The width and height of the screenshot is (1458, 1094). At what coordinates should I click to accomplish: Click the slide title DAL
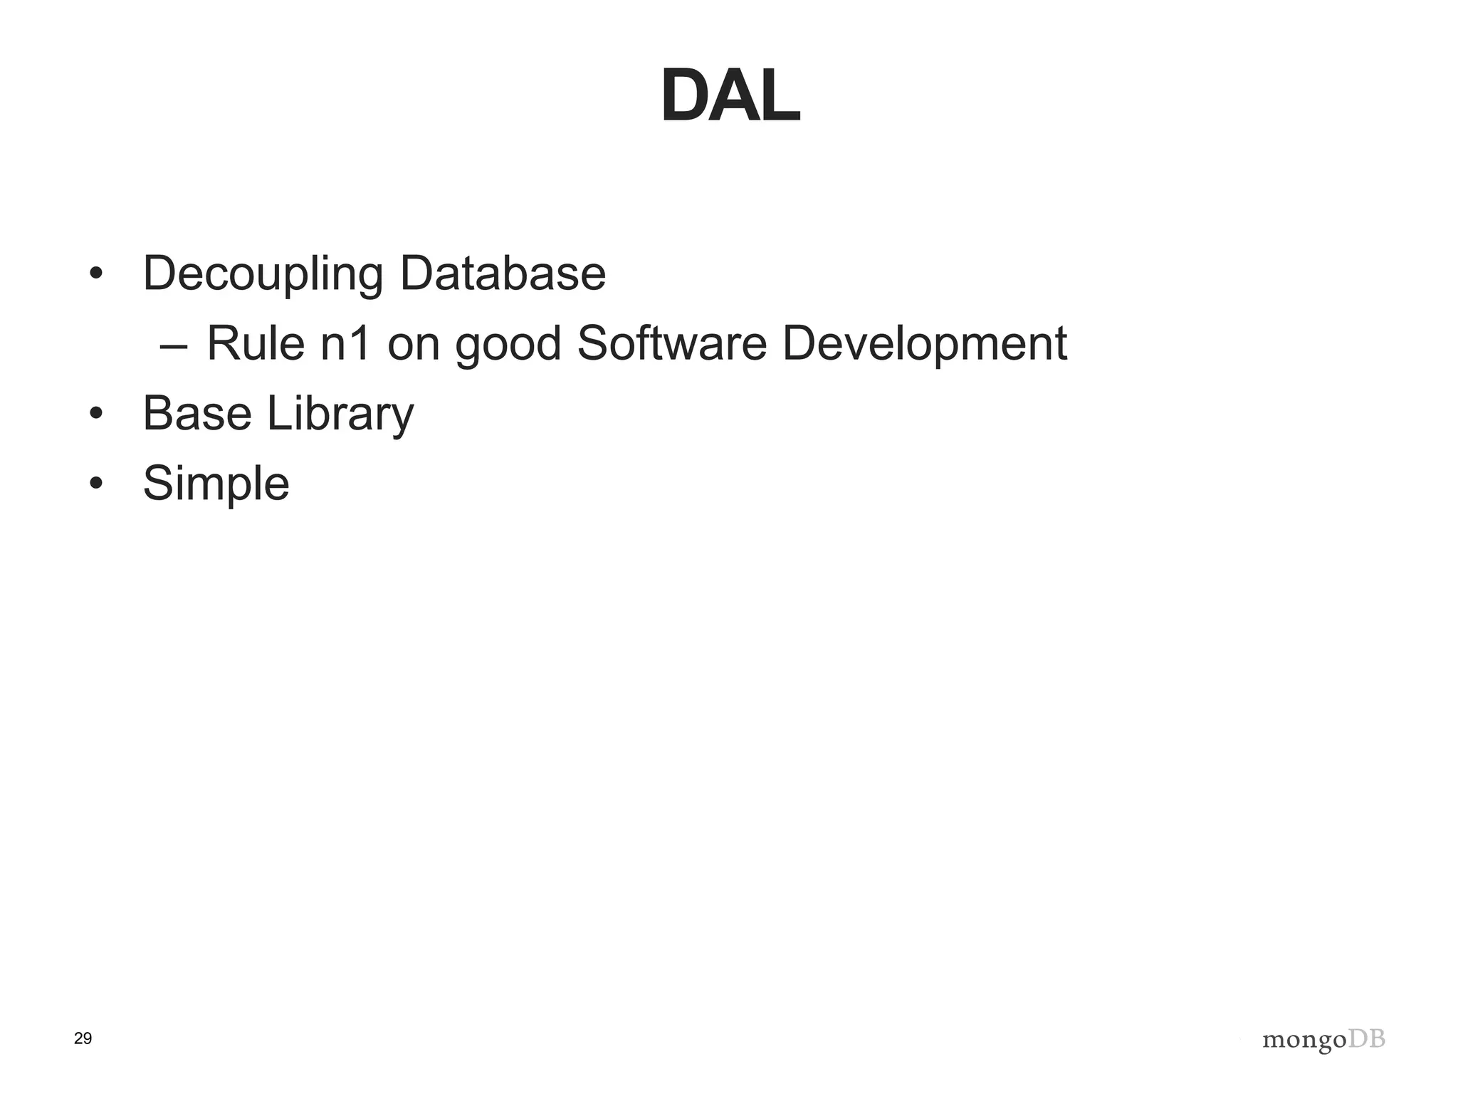pyautogui.click(x=730, y=97)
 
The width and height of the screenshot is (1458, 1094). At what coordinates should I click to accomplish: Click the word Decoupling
pyautogui.click(x=263, y=274)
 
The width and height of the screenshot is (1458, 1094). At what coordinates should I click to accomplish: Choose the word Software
pyautogui.click(x=671, y=343)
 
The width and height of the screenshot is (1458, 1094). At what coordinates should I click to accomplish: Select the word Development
pyautogui.click(x=924, y=345)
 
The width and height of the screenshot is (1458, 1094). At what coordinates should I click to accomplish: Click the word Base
pyautogui.click(x=197, y=413)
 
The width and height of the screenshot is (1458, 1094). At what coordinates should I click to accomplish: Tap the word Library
pyautogui.click(x=340, y=415)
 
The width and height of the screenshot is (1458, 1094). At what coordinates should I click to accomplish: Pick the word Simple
pyautogui.click(x=216, y=484)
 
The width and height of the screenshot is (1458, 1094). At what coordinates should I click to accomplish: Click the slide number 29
pyautogui.click(x=83, y=1039)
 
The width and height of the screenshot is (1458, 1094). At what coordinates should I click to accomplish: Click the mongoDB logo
pyautogui.click(x=1323, y=1041)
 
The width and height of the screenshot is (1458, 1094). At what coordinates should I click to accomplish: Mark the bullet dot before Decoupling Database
pyautogui.click(x=96, y=274)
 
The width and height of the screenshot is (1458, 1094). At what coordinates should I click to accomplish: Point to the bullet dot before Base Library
pyautogui.click(x=96, y=414)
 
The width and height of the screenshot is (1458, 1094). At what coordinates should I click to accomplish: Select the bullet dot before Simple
pyautogui.click(x=96, y=484)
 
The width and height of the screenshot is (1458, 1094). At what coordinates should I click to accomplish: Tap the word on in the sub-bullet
pyautogui.click(x=413, y=345)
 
